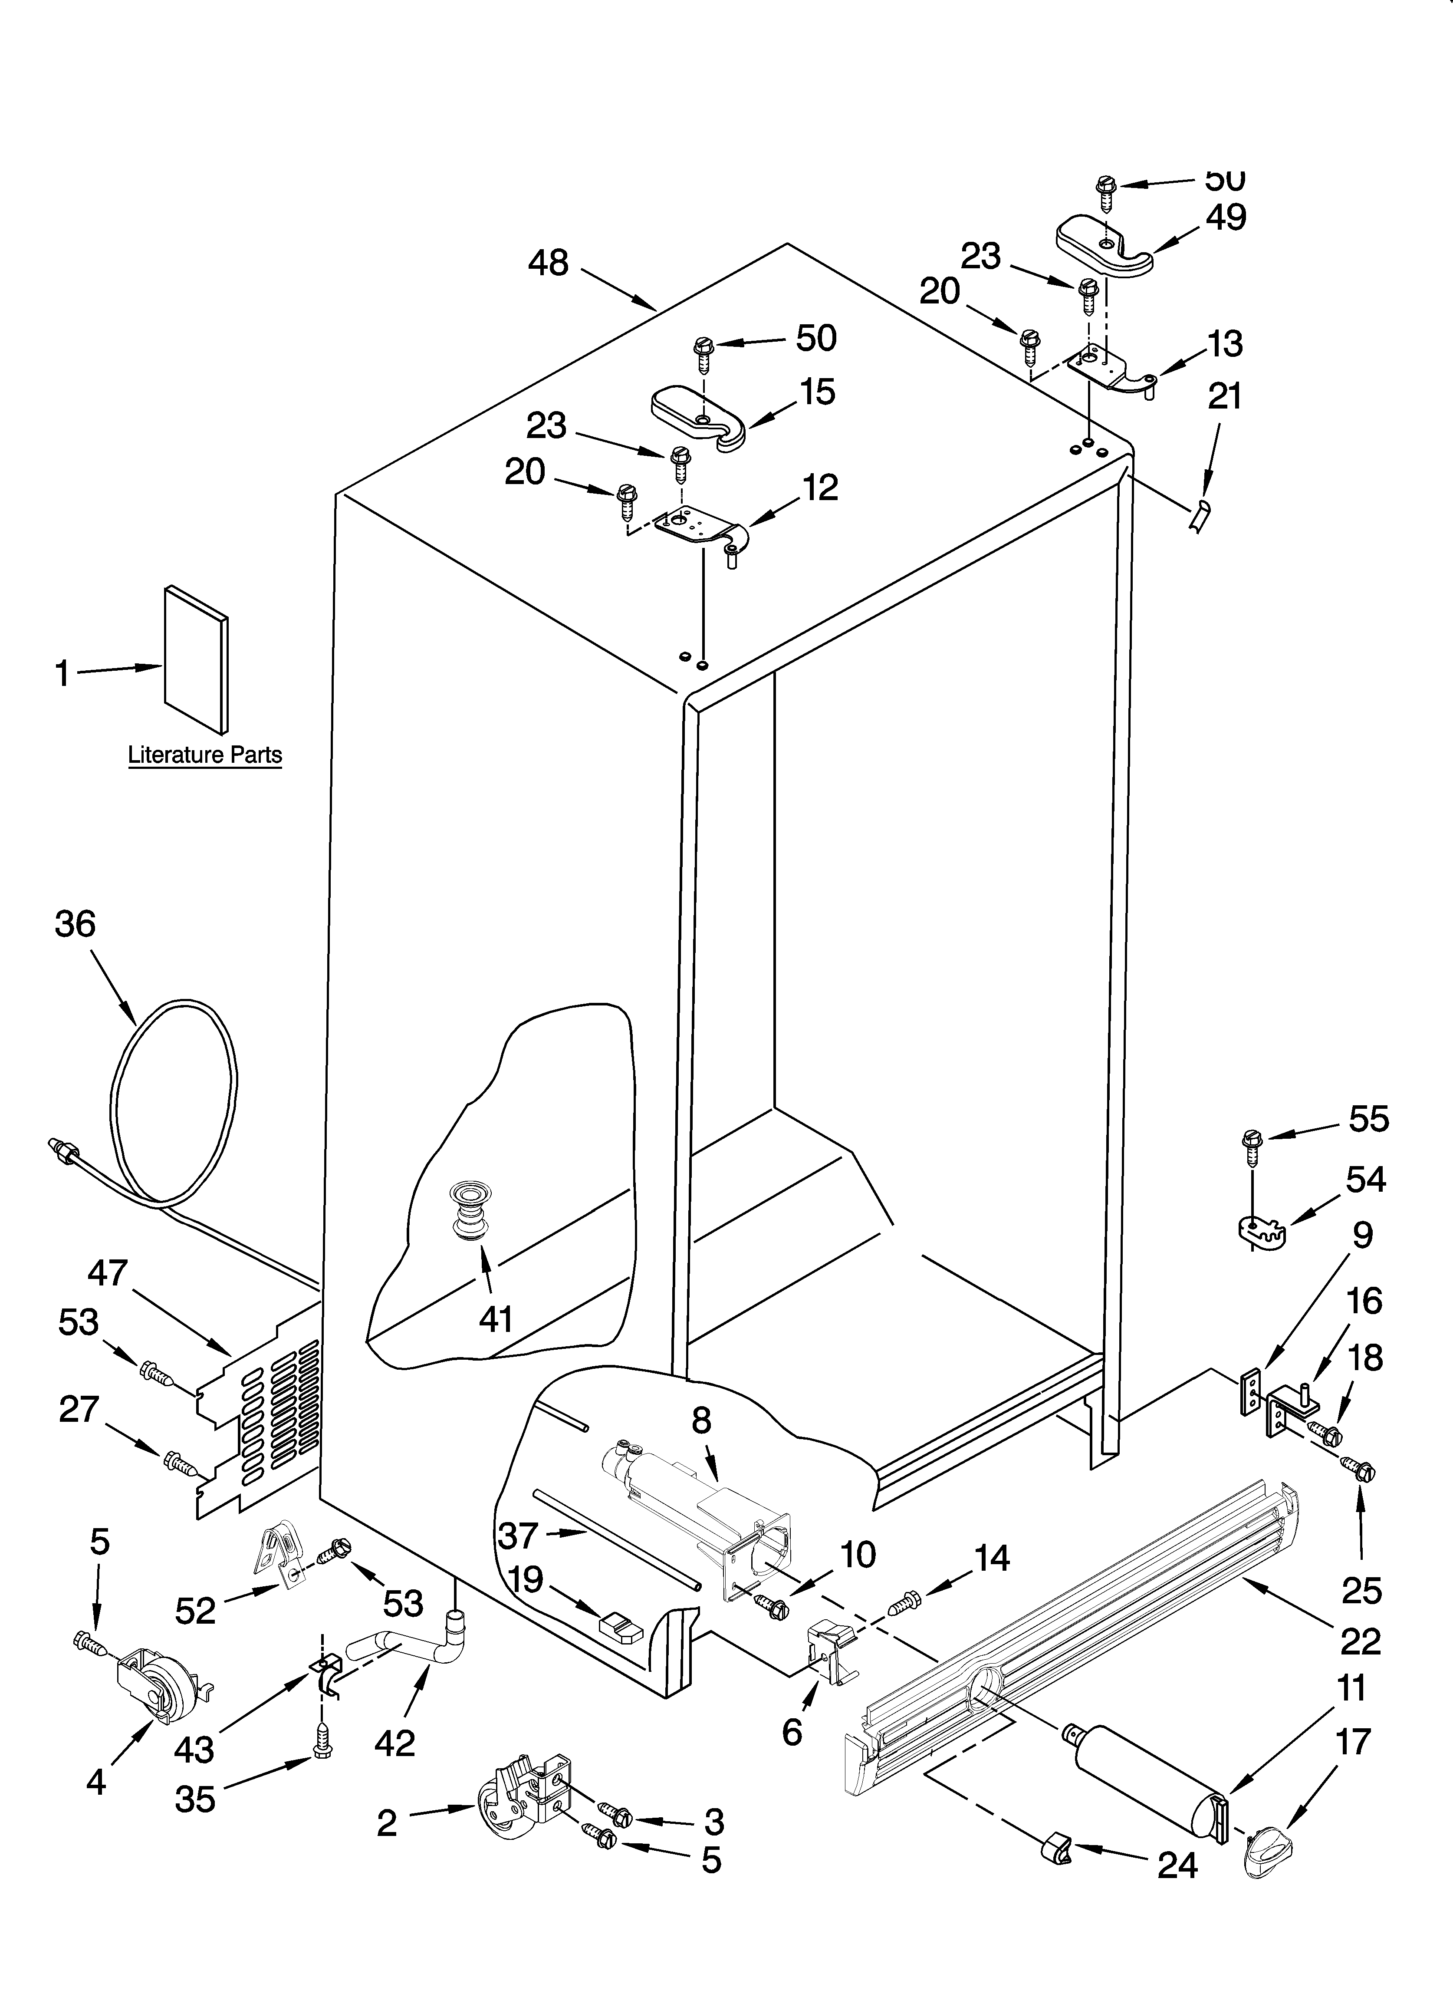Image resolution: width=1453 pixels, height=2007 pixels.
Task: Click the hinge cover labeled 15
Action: tap(699, 416)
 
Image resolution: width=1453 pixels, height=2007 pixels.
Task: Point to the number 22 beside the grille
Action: tap(1360, 1641)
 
